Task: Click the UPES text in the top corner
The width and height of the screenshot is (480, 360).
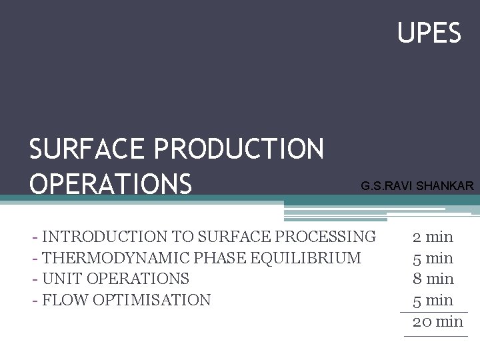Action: click(429, 33)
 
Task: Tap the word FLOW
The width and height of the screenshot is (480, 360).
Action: click(65, 300)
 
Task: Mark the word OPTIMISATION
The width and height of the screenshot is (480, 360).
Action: click(152, 300)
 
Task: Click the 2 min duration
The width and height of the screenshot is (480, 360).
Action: click(433, 237)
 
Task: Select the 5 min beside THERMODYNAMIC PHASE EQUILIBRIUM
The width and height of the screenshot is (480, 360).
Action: click(433, 258)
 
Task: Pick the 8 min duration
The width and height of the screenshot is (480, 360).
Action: click(433, 279)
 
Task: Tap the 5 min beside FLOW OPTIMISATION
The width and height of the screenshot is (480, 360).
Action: click(433, 300)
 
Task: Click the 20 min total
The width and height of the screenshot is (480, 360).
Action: click(437, 321)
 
